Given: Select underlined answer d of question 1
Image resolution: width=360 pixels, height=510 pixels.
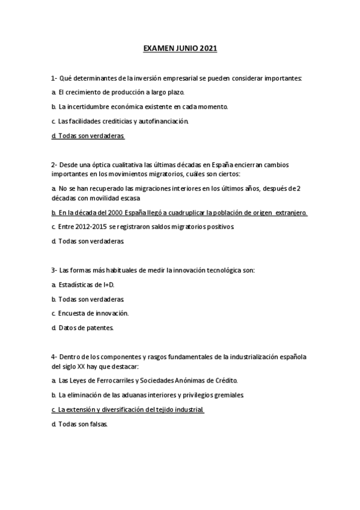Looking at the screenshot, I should click(88, 137).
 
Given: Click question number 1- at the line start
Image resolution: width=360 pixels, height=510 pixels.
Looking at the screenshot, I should click(54, 78).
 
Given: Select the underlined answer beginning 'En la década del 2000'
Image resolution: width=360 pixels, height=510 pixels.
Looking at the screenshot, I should click(180, 212).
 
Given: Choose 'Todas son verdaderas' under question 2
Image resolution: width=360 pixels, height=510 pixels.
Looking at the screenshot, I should click(88, 241).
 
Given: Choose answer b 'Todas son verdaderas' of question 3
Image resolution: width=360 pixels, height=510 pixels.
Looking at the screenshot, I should click(88, 299).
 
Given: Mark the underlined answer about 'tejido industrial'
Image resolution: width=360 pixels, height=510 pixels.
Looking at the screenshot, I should click(128, 410).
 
